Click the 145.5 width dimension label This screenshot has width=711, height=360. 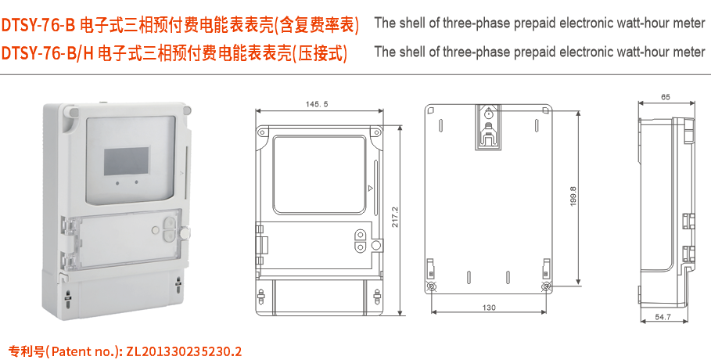317,104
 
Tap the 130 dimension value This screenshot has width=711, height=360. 488,308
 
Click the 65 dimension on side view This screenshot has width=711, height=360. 666,97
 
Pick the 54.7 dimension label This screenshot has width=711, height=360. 663,317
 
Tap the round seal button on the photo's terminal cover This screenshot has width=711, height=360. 185,232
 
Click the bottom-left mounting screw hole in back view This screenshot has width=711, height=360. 433,287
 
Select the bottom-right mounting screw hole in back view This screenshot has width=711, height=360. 545,287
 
